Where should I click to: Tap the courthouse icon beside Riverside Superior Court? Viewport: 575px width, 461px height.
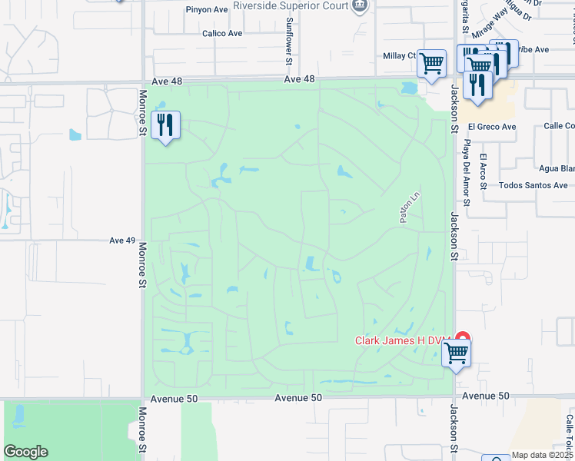(358, 5)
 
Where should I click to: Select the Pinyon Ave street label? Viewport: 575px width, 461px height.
(207, 10)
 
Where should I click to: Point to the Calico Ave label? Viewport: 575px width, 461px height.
(222, 34)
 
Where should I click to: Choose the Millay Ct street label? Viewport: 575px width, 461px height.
(399, 56)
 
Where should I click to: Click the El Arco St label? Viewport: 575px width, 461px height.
(484, 171)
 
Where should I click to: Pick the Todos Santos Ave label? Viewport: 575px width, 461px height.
(533, 185)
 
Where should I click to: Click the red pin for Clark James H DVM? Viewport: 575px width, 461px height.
(462, 337)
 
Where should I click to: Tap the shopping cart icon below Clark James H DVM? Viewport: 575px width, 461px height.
(457, 354)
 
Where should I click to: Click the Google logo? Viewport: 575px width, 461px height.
(25, 452)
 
